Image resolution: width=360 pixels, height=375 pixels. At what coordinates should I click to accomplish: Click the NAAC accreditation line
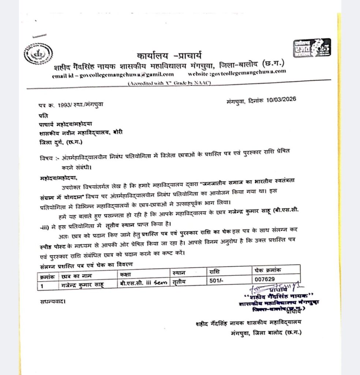(x=169, y=84)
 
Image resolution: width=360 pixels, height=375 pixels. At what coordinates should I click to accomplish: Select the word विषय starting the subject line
(x=45, y=158)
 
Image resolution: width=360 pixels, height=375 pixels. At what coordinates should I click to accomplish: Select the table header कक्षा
(x=125, y=273)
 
